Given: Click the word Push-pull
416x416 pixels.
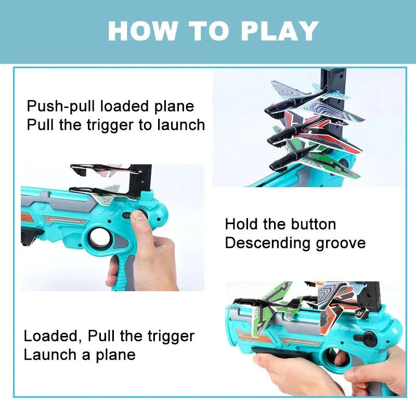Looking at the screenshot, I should click(61, 107).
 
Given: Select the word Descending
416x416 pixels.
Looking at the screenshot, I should click(267, 243).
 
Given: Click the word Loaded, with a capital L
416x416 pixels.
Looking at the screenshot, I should click(53, 336).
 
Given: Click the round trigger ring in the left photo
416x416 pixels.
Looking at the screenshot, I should click(99, 238).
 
